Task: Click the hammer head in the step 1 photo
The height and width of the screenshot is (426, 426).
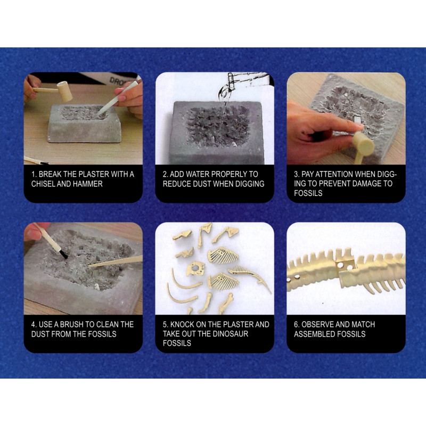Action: [x=64, y=91]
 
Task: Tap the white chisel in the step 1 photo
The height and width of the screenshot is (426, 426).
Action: [x=117, y=99]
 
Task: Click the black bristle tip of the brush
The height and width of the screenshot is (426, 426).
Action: [x=63, y=255]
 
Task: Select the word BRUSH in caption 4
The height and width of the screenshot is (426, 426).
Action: [x=72, y=324]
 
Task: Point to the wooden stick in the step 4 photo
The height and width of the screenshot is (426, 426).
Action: [x=115, y=261]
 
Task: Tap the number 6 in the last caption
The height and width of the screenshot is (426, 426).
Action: [x=296, y=324]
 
